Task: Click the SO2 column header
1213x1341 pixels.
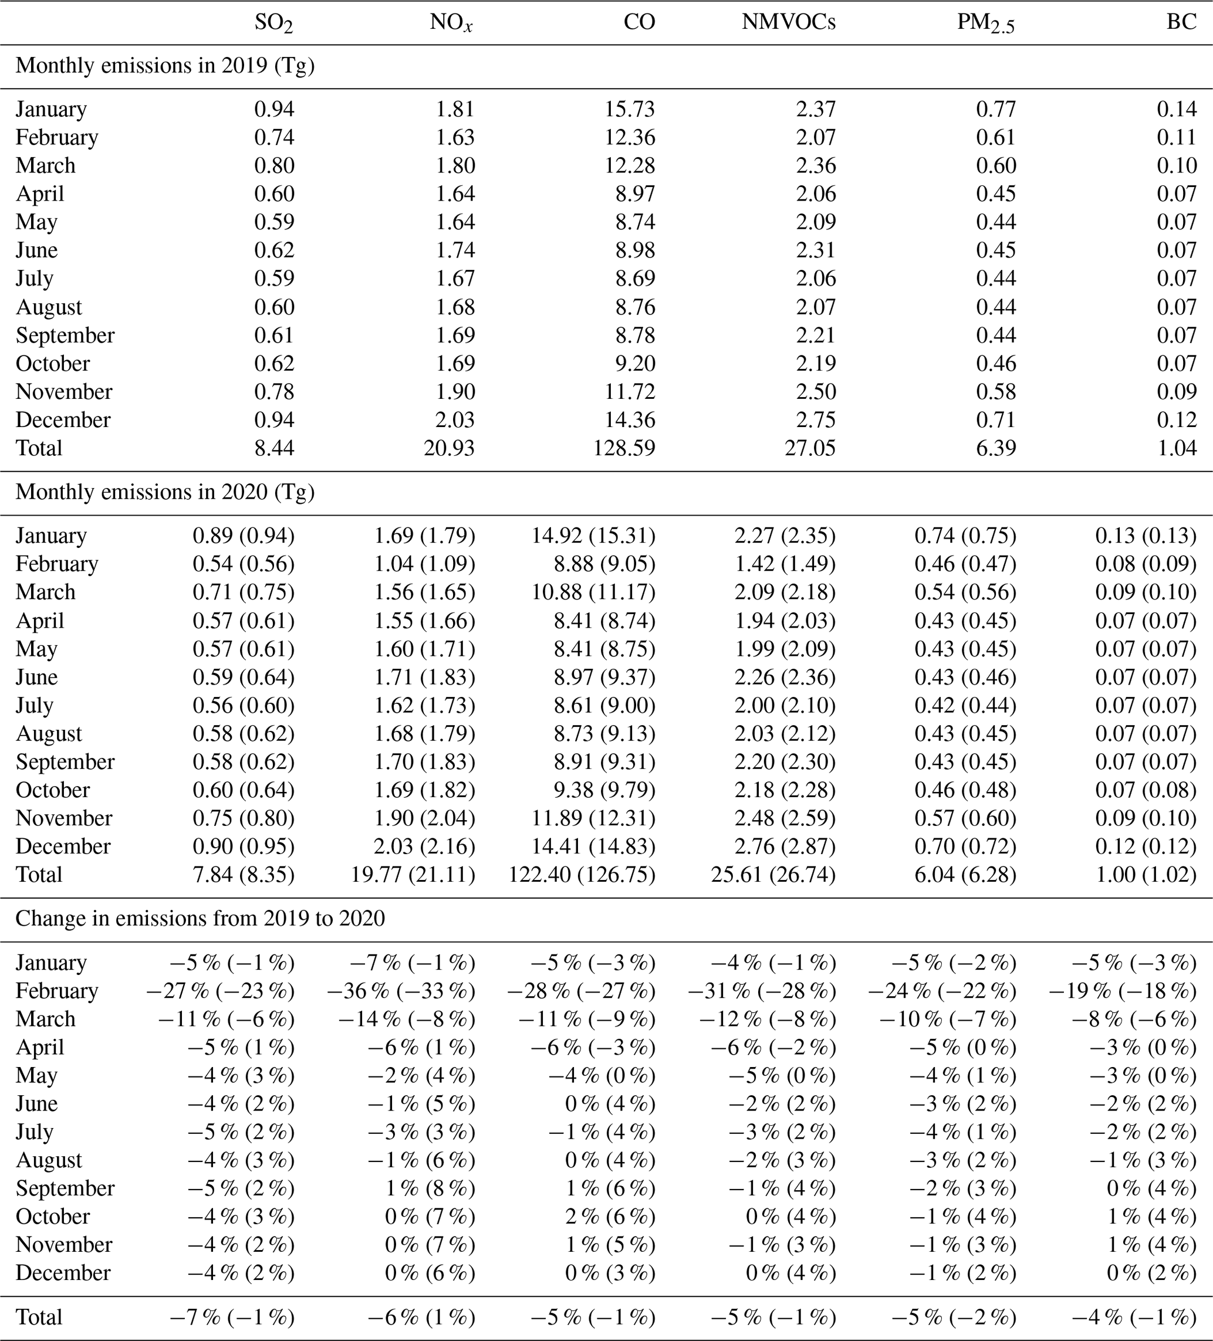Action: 273,23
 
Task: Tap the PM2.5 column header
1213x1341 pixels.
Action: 986,23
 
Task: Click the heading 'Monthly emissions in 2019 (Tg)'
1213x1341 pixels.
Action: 165,66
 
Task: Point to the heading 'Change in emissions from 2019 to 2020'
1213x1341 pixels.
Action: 200,919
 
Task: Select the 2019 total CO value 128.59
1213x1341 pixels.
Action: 624,448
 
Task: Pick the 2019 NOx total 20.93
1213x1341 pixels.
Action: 449,448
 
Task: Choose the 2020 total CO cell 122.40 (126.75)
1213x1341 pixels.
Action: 582,875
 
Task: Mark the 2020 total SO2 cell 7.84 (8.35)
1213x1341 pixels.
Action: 244,875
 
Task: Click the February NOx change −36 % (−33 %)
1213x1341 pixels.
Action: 401,991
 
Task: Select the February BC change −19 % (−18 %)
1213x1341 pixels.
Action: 1123,991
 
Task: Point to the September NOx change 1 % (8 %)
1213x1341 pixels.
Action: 430,1188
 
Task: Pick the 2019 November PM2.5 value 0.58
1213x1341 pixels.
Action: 996,392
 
